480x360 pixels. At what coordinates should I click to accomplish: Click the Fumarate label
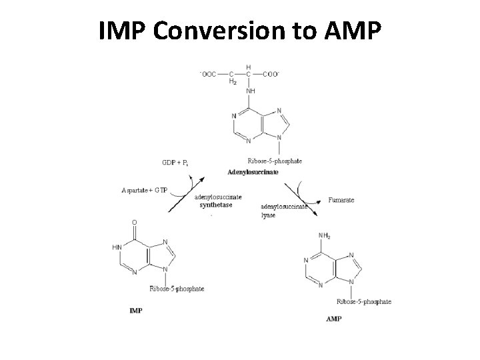[x=342, y=199]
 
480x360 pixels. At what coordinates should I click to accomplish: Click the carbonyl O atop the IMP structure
[x=134, y=222]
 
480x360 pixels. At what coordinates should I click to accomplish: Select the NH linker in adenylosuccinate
[x=251, y=91]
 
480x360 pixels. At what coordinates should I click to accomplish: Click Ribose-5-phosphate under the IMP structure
[x=177, y=289]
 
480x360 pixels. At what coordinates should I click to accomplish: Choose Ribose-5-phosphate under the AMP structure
[x=364, y=301]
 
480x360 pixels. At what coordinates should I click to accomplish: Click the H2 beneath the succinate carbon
[x=232, y=82]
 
